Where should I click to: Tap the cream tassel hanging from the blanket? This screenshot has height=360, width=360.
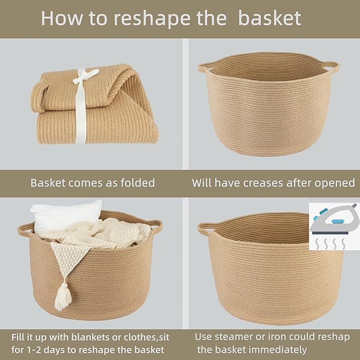click(63, 297)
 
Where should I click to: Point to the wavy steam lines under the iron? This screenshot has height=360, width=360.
click(334, 243)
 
